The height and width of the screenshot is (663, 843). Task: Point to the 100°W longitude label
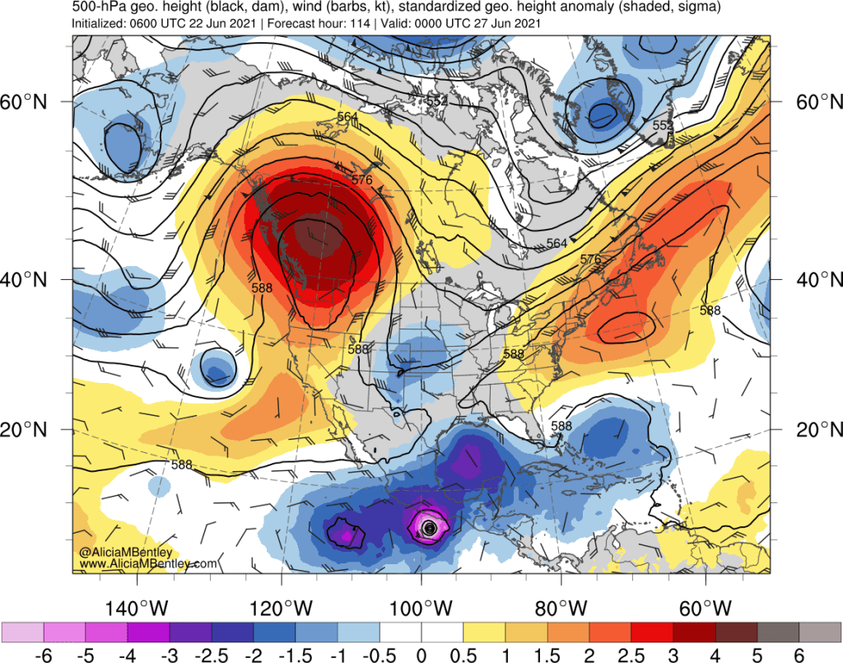point(421,609)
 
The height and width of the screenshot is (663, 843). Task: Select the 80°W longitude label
point(561,609)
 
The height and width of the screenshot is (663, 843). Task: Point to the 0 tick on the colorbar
point(421,655)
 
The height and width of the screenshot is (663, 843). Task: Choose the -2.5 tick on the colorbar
point(212,655)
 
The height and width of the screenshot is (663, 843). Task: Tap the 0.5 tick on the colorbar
point(463,655)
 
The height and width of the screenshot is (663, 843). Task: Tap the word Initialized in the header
point(100,23)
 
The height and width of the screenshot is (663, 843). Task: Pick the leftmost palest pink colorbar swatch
point(24,632)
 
